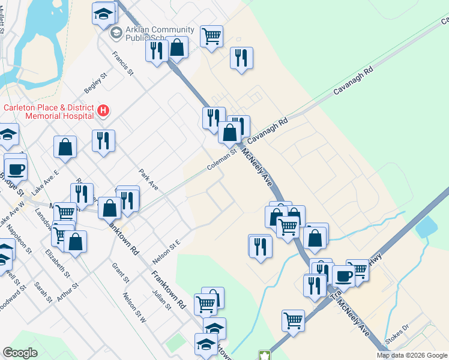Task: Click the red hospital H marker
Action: [103, 110]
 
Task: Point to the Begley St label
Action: [95, 83]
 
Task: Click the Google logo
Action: [20, 353]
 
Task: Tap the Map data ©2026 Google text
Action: [412, 355]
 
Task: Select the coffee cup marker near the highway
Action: [343, 275]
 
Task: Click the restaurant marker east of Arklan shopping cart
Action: [241, 58]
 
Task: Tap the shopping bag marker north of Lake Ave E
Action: [65, 146]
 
